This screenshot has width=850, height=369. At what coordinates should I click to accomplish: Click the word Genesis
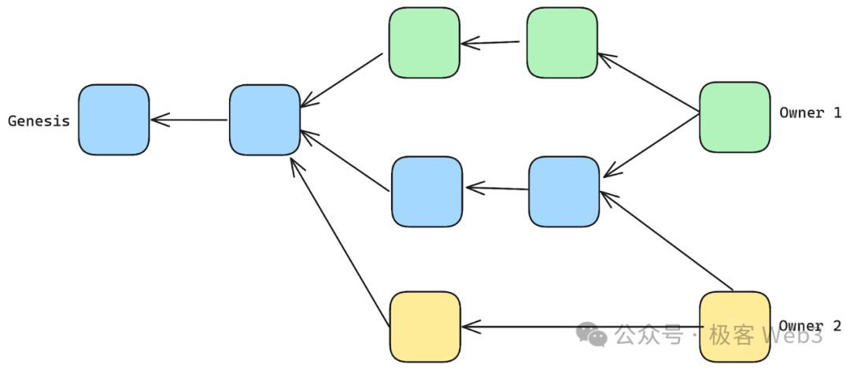pos(39,121)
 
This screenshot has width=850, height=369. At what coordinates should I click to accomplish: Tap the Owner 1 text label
pos(810,113)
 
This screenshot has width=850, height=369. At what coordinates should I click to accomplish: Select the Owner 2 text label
pos(810,326)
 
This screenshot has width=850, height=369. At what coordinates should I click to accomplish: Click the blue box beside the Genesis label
pos(113,120)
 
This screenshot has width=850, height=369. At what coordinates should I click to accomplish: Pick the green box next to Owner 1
pos(734,117)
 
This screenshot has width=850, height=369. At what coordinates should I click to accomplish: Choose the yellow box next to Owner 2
pos(734,326)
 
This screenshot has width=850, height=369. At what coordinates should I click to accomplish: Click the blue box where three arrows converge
pos(264,120)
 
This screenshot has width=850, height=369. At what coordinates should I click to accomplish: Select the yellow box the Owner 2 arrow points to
pos(425,326)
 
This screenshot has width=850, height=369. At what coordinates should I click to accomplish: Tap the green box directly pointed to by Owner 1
pos(561,42)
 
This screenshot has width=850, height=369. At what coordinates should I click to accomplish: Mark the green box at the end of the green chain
pos(424,42)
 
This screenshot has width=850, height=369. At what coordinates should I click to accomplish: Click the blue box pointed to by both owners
pos(564,191)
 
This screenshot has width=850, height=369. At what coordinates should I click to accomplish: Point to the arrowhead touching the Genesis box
pos(155,120)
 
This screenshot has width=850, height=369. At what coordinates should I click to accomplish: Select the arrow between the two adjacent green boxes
pos(493,42)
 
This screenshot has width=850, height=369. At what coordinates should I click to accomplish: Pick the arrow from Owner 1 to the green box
pos(649,84)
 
